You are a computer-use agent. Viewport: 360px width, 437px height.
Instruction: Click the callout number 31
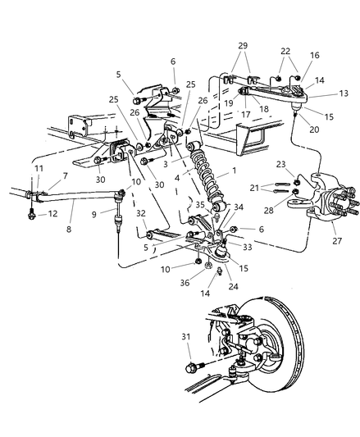click(x=186, y=337)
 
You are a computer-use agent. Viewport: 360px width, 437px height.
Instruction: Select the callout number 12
click(x=52, y=213)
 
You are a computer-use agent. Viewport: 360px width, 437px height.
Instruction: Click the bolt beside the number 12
click(x=31, y=213)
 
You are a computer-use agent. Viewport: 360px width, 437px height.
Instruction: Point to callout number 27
click(x=337, y=240)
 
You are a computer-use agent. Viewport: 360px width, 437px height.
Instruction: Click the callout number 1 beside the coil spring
click(x=234, y=170)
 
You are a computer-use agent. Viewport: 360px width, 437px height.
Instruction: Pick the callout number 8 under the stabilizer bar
click(x=69, y=230)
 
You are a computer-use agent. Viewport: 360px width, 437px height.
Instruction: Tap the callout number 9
click(x=94, y=214)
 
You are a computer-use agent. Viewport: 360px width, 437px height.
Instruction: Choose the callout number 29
click(x=243, y=45)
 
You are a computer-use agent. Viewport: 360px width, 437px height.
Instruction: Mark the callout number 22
click(x=285, y=51)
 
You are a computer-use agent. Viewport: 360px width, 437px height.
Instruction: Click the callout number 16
click(x=315, y=55)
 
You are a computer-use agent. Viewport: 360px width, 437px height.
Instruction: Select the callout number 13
click(x=344, y=93)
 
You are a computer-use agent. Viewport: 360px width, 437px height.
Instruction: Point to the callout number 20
click(x=314, y=130)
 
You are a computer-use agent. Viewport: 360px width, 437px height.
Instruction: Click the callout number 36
click(x=185, y=283)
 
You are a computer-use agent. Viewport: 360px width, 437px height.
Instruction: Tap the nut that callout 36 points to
click(x=207, y=266)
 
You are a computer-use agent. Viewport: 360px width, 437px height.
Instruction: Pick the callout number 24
click(x=234, y=286)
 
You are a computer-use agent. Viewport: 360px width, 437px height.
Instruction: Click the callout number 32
click(x=141, y=213)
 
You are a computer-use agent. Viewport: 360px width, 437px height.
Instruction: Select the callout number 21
click(x=254, y=188)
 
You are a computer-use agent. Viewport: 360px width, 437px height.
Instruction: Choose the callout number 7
click(x=66, y=175)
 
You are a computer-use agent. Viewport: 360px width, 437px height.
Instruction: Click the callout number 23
click(x=280, y=164)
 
